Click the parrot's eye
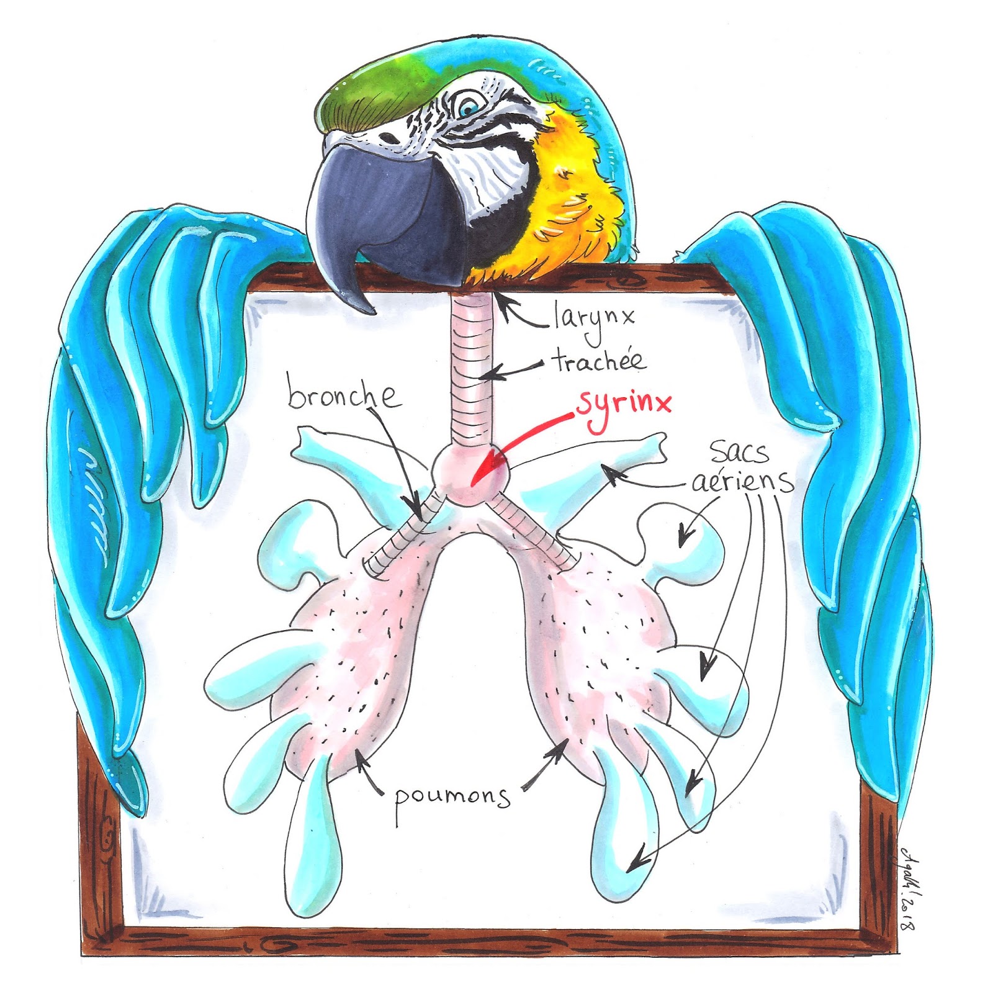[467, 107]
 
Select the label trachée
[598, 361]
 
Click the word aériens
[742, 481]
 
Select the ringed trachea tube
[470, 372]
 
